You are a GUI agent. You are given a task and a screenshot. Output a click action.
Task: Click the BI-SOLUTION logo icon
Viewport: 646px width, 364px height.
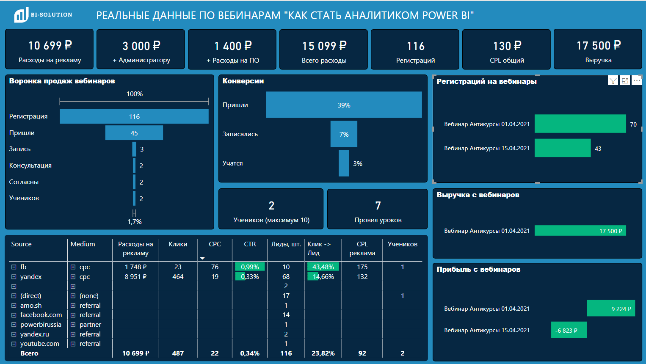(x=21, y=15)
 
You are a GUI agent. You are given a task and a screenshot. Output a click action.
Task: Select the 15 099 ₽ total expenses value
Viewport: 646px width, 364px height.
(x=324, y=46)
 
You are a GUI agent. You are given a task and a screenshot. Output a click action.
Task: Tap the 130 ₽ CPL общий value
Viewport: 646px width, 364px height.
(x=507, y=46)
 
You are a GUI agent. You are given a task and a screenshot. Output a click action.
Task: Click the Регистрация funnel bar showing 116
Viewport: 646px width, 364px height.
(x=134, y=116)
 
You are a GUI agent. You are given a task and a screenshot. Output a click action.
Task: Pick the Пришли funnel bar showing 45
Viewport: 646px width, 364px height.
(x=134, y=133)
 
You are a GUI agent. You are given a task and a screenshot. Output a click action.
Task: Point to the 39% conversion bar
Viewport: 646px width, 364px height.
(x=344, y=105)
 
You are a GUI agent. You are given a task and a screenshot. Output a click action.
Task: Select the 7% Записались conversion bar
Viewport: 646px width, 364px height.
(x=344, y=134)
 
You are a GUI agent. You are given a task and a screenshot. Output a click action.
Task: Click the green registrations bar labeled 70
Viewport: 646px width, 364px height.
(x=580, y=124)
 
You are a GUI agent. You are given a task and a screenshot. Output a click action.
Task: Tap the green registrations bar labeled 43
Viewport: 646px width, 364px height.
(x=562, y=148)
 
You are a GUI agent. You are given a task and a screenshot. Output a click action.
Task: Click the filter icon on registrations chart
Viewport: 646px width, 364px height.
(x=613, y=80)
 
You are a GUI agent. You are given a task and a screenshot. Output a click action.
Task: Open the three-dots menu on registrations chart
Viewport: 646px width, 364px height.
(x=637, y=80)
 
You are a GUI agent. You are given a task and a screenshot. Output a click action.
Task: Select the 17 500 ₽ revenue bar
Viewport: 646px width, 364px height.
(x=580, y=231)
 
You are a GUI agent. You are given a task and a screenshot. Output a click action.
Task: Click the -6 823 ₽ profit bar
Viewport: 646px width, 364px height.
(x=569, y=330)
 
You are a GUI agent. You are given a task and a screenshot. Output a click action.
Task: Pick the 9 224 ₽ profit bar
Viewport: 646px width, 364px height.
(x=611, y=309)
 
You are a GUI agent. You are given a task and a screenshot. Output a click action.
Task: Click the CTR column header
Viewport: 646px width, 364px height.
(x=250, y=244)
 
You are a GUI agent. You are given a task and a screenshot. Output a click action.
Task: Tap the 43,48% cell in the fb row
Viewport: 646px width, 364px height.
(x=323, y=267)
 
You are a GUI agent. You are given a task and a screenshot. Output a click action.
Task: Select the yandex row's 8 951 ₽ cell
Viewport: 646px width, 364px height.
(x=135, y=277)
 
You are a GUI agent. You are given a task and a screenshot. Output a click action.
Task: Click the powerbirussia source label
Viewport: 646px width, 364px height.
(x=41, y=325)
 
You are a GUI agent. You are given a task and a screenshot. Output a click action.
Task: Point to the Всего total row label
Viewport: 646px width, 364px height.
(x=29, y=353)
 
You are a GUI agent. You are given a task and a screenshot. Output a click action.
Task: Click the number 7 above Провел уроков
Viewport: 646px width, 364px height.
(x=378, y=206)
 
